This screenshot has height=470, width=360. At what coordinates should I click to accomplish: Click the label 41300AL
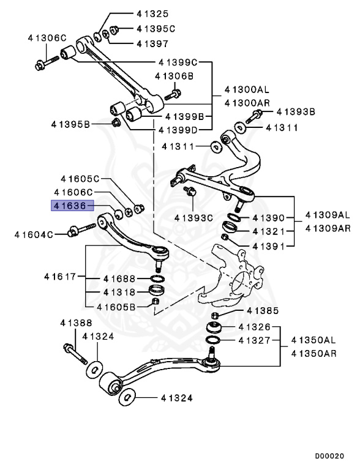pos(246,89)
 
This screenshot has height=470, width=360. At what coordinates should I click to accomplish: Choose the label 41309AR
pos(328,228)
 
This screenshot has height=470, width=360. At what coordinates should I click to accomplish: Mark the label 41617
pos(59,277)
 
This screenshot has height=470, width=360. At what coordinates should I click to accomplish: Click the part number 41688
pos(118,278)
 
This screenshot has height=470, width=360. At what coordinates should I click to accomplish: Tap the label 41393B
pos(295,112)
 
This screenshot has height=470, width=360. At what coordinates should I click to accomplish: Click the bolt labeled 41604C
pos(81,231)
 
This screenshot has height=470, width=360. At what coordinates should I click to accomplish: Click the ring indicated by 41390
pos(233,218)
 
